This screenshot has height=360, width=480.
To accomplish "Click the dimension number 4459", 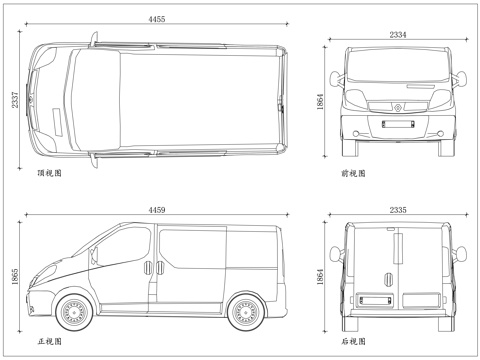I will click(158, 209).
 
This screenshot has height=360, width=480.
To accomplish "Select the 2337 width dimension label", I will click(14, 100).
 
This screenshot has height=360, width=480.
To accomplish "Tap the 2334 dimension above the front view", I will click(397, 35).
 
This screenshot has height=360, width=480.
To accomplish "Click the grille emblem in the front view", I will click(397, 104).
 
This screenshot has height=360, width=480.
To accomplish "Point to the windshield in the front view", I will click(397, 69).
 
